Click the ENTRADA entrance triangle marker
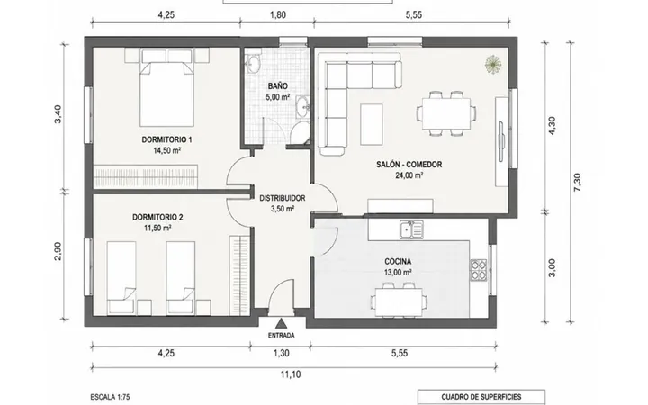(x=282, y=323)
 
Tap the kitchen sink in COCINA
(x=411, y=229)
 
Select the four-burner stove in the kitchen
(x=479, y=270)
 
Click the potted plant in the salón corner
(x=493, y=64)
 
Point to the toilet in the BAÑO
(x=299, y=132)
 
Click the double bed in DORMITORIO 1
(x=167, y=87)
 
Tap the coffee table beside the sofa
(x=371, y=124)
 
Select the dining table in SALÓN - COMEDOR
(x=445, y=113)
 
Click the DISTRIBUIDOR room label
(x=283, y=198)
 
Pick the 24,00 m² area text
(x=409, y=175)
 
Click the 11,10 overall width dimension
(x=291, y=374)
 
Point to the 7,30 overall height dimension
(x=577, y=182)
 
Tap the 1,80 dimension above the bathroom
(x=278, y=15)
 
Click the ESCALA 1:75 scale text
(x=110, y=397)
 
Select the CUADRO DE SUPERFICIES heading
(x=481, y=397)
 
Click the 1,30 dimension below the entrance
(x=281, y=353)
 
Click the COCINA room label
(x=398, y=262)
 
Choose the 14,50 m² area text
(x=167, y=150)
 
